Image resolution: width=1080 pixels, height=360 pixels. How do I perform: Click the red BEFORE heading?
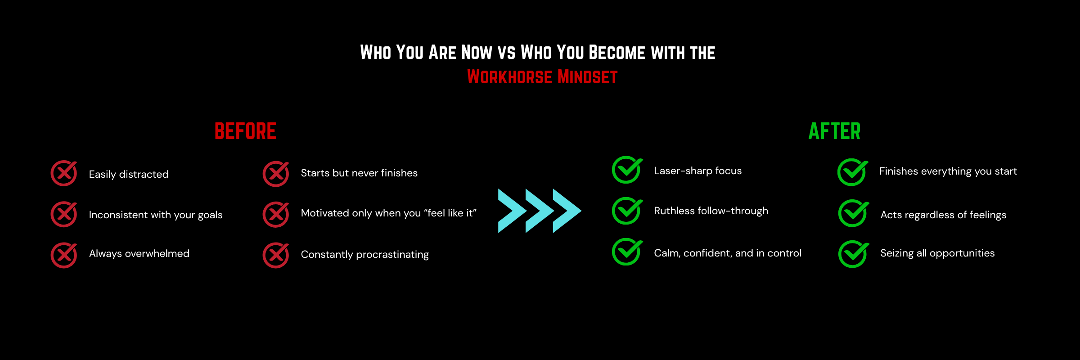tap(245, 131)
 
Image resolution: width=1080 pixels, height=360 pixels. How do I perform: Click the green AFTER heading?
tap(834, 131)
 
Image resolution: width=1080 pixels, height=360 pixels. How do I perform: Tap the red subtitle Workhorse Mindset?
tap(542, 77)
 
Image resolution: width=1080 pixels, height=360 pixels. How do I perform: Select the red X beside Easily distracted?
tap(64, 173)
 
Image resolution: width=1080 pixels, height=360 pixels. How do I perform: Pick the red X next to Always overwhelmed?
tap(64, 255)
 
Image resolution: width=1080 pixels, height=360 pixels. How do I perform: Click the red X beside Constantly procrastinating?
tap(276, 255)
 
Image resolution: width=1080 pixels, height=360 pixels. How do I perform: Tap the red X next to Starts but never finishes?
tap(276, 174)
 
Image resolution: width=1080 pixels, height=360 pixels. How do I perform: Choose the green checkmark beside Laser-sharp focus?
tap(627, 170)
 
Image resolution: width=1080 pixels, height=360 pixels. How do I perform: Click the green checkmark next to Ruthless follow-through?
tap(627, 211)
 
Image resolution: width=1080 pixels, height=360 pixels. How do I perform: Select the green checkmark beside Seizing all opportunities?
tap(853, 254)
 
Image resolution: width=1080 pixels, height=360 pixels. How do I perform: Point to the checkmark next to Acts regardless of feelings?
tap(853, 213)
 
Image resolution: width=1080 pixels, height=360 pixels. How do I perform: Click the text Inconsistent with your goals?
tap(156, 215)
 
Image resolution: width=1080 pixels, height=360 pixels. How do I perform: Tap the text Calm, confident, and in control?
tap(728, 253)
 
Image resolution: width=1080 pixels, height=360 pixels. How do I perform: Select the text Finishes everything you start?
tap(948, 171)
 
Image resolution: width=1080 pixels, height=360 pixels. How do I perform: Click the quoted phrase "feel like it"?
tap(450, 213)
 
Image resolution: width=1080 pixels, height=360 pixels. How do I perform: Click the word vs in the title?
tap(506, 54)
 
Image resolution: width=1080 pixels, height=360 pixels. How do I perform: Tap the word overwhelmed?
tap(157, 253)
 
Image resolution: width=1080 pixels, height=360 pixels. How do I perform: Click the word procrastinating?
tap(392, 255)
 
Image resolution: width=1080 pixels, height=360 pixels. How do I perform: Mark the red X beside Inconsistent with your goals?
tap(64, 214)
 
